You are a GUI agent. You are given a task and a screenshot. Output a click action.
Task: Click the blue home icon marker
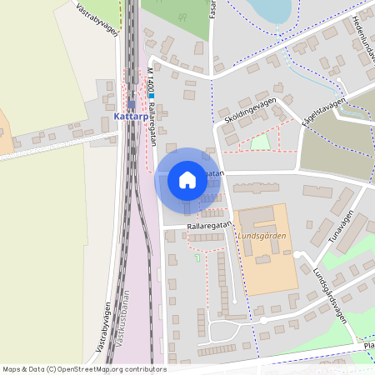pyautogui.click(x=187, y=179)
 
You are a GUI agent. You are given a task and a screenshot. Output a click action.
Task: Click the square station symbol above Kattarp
pyautogui.click(x=131, y=105)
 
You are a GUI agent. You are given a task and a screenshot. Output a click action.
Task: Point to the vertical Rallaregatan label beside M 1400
pyautogui.click(x=153, y=123)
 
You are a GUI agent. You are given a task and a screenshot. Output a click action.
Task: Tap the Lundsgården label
pyautogui.click(x=262, y=236)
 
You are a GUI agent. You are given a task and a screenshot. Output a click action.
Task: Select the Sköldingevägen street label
pyautogui.click(x=247, y=113)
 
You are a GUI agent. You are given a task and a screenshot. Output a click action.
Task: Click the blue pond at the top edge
pyautogui.click(x=272, y=9)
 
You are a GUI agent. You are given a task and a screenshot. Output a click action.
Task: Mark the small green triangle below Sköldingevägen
pyautogui.click(x=261, y=142)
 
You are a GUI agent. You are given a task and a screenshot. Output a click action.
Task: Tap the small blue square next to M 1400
pyautogui.click(x=152, y=97)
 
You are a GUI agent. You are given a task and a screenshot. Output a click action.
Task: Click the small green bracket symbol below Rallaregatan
pyautogui.click(x=198, y=259)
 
